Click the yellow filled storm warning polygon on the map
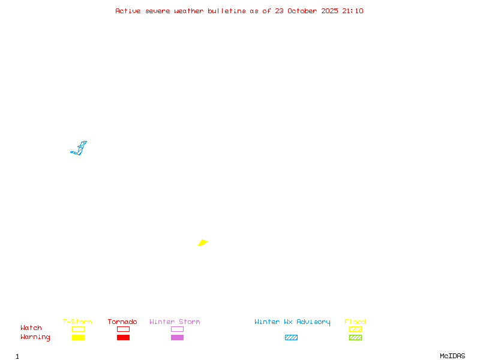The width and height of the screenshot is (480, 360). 203,242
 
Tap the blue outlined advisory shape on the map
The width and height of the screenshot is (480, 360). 79,149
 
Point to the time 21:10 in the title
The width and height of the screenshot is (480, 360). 353,11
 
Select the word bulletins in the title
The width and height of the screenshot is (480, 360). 227,11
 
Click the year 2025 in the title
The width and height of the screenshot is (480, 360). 330,11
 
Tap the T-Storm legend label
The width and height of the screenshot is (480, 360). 77,322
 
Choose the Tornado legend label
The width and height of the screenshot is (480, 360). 122,322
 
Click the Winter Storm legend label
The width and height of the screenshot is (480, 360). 175,322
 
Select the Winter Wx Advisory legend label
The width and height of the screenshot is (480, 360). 292,322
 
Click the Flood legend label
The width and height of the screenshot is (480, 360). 355,322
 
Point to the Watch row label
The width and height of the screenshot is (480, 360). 31,328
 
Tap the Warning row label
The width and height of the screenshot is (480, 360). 35,337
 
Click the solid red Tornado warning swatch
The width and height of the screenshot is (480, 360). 123,337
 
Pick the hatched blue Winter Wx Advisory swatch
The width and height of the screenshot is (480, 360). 291,337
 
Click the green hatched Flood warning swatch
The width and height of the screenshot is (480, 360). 355,337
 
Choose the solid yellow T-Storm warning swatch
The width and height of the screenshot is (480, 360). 78,337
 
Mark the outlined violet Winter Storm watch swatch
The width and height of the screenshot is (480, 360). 177,329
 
